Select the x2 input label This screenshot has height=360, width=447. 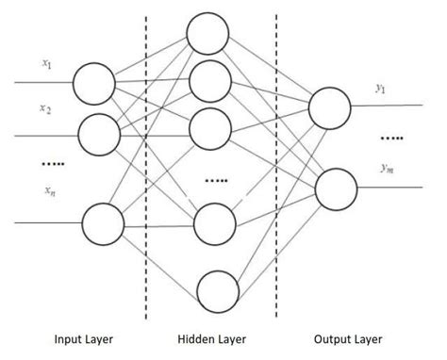[x=45, y=109]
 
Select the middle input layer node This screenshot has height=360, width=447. [x=100, y=135]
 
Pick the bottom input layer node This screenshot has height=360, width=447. [x=103, y=224]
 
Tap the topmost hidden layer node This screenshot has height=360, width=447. [x=208, y=35]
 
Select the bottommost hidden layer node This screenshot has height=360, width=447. [x=218, y=291]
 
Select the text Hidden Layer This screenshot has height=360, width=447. [x=210, y=339]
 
